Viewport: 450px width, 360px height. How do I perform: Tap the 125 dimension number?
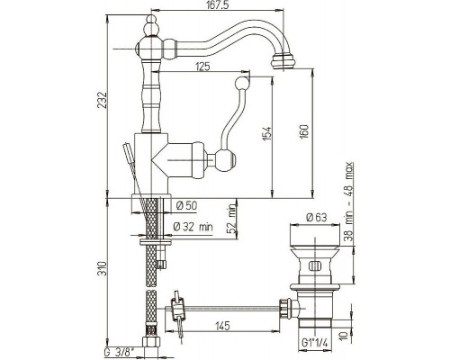pyautogui.click(x=202, y=67)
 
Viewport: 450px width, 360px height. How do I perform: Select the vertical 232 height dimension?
pyautogui.click(x=103, y=100)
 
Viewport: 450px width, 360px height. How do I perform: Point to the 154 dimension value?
pyautogui.click(x=267, y=133)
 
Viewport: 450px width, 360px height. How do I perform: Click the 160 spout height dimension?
pyautogui.click(x=304, y=131)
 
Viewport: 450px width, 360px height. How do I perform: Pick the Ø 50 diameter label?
pyautogui.click(x=186, y=206)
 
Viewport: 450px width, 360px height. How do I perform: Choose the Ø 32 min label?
pyautogui.click(x=193, y=227)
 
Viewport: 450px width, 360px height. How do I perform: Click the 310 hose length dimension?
pyautogui.click(x=103, y=269)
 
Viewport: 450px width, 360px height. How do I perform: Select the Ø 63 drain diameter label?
pyautogui.click(x=316, y=217)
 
